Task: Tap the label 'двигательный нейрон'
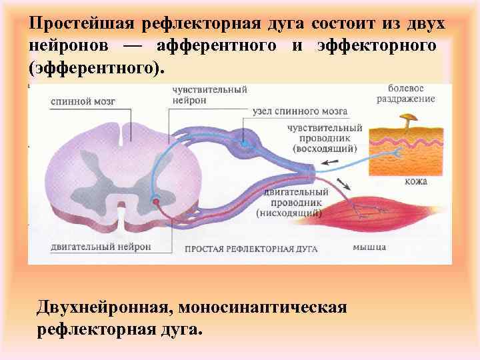pyautogui.click(x=101, y=246)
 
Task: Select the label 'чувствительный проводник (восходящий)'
pyautogui.click(x=325, y=137)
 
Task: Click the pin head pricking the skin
pyautogui.click(x=405, y=119)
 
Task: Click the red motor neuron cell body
pyautogui.click(x=156, y=200)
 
